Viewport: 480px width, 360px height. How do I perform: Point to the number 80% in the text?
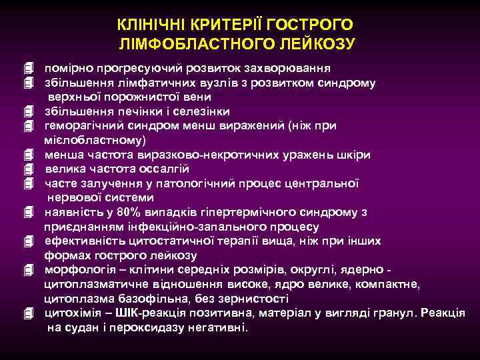pyautogui.click(x=128, y=213)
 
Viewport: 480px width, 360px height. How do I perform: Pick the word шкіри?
pyautogui.click(x=356, y=155)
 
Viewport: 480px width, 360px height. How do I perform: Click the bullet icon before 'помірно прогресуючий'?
pyautogui.click(x=27, y=69)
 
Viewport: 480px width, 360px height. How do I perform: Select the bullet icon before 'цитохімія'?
pyautogui.click(x=27, y=313)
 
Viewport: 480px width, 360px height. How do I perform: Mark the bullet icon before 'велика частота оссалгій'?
pyautogui.click(x=27, y=169)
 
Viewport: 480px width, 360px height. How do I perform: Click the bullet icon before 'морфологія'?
pyautogui.click(x=27, y=271)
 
